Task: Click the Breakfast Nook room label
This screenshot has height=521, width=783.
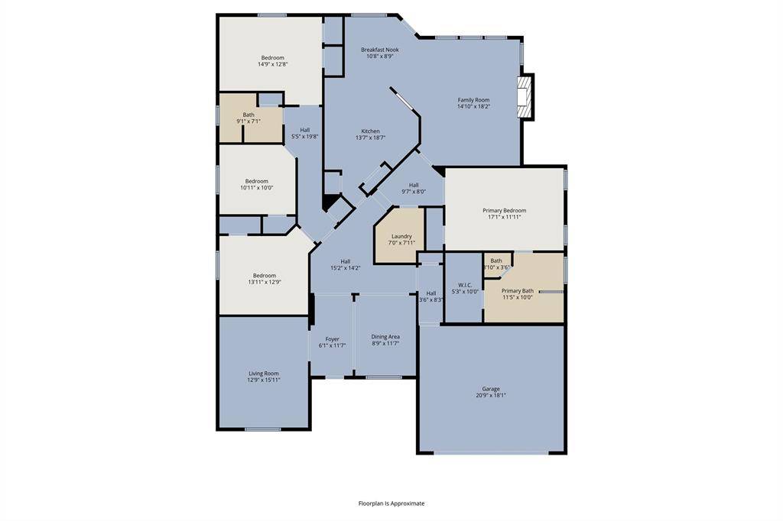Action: click(380, 50)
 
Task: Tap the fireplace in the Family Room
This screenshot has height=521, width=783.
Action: click(525, 96)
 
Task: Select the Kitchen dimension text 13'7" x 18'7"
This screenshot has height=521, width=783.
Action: click(370, 138)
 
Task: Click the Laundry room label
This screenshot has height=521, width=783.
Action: click(401, 236)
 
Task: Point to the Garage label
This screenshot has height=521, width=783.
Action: click(490, 389)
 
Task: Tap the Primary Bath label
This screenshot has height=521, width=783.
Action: click(517, 290)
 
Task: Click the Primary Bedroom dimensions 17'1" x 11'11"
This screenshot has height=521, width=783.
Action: click(504, 217)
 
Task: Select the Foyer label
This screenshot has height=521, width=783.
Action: click(332, 339)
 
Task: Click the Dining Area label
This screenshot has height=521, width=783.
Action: click(385, 336)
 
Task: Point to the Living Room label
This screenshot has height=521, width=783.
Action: click(264, 374)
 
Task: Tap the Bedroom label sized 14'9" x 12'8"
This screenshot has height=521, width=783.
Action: click(272, 58)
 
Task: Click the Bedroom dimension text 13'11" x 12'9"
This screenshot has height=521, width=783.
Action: click(265, 282)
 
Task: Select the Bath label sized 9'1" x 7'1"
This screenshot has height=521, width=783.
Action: click(249, 115)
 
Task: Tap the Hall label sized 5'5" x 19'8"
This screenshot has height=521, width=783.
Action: click(304, 130)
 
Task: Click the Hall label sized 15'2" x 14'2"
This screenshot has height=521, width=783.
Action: click(346, 261)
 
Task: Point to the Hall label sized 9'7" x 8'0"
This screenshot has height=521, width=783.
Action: click(414, 185)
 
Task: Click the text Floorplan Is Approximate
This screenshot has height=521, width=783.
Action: click(391, 503)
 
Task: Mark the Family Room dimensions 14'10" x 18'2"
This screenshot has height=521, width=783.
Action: click(473, 107)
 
